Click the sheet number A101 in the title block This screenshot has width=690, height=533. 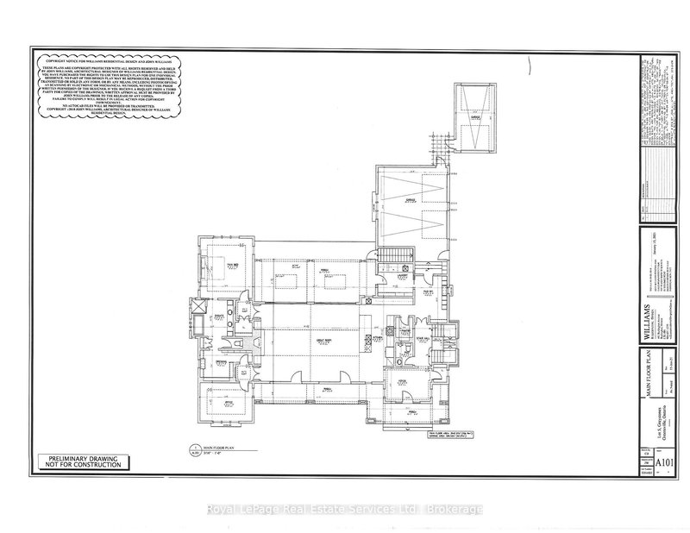[x=664, y=464]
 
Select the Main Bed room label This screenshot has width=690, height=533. [x=230, y=266]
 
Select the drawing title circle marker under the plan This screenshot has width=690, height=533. [x=193, y=448]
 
